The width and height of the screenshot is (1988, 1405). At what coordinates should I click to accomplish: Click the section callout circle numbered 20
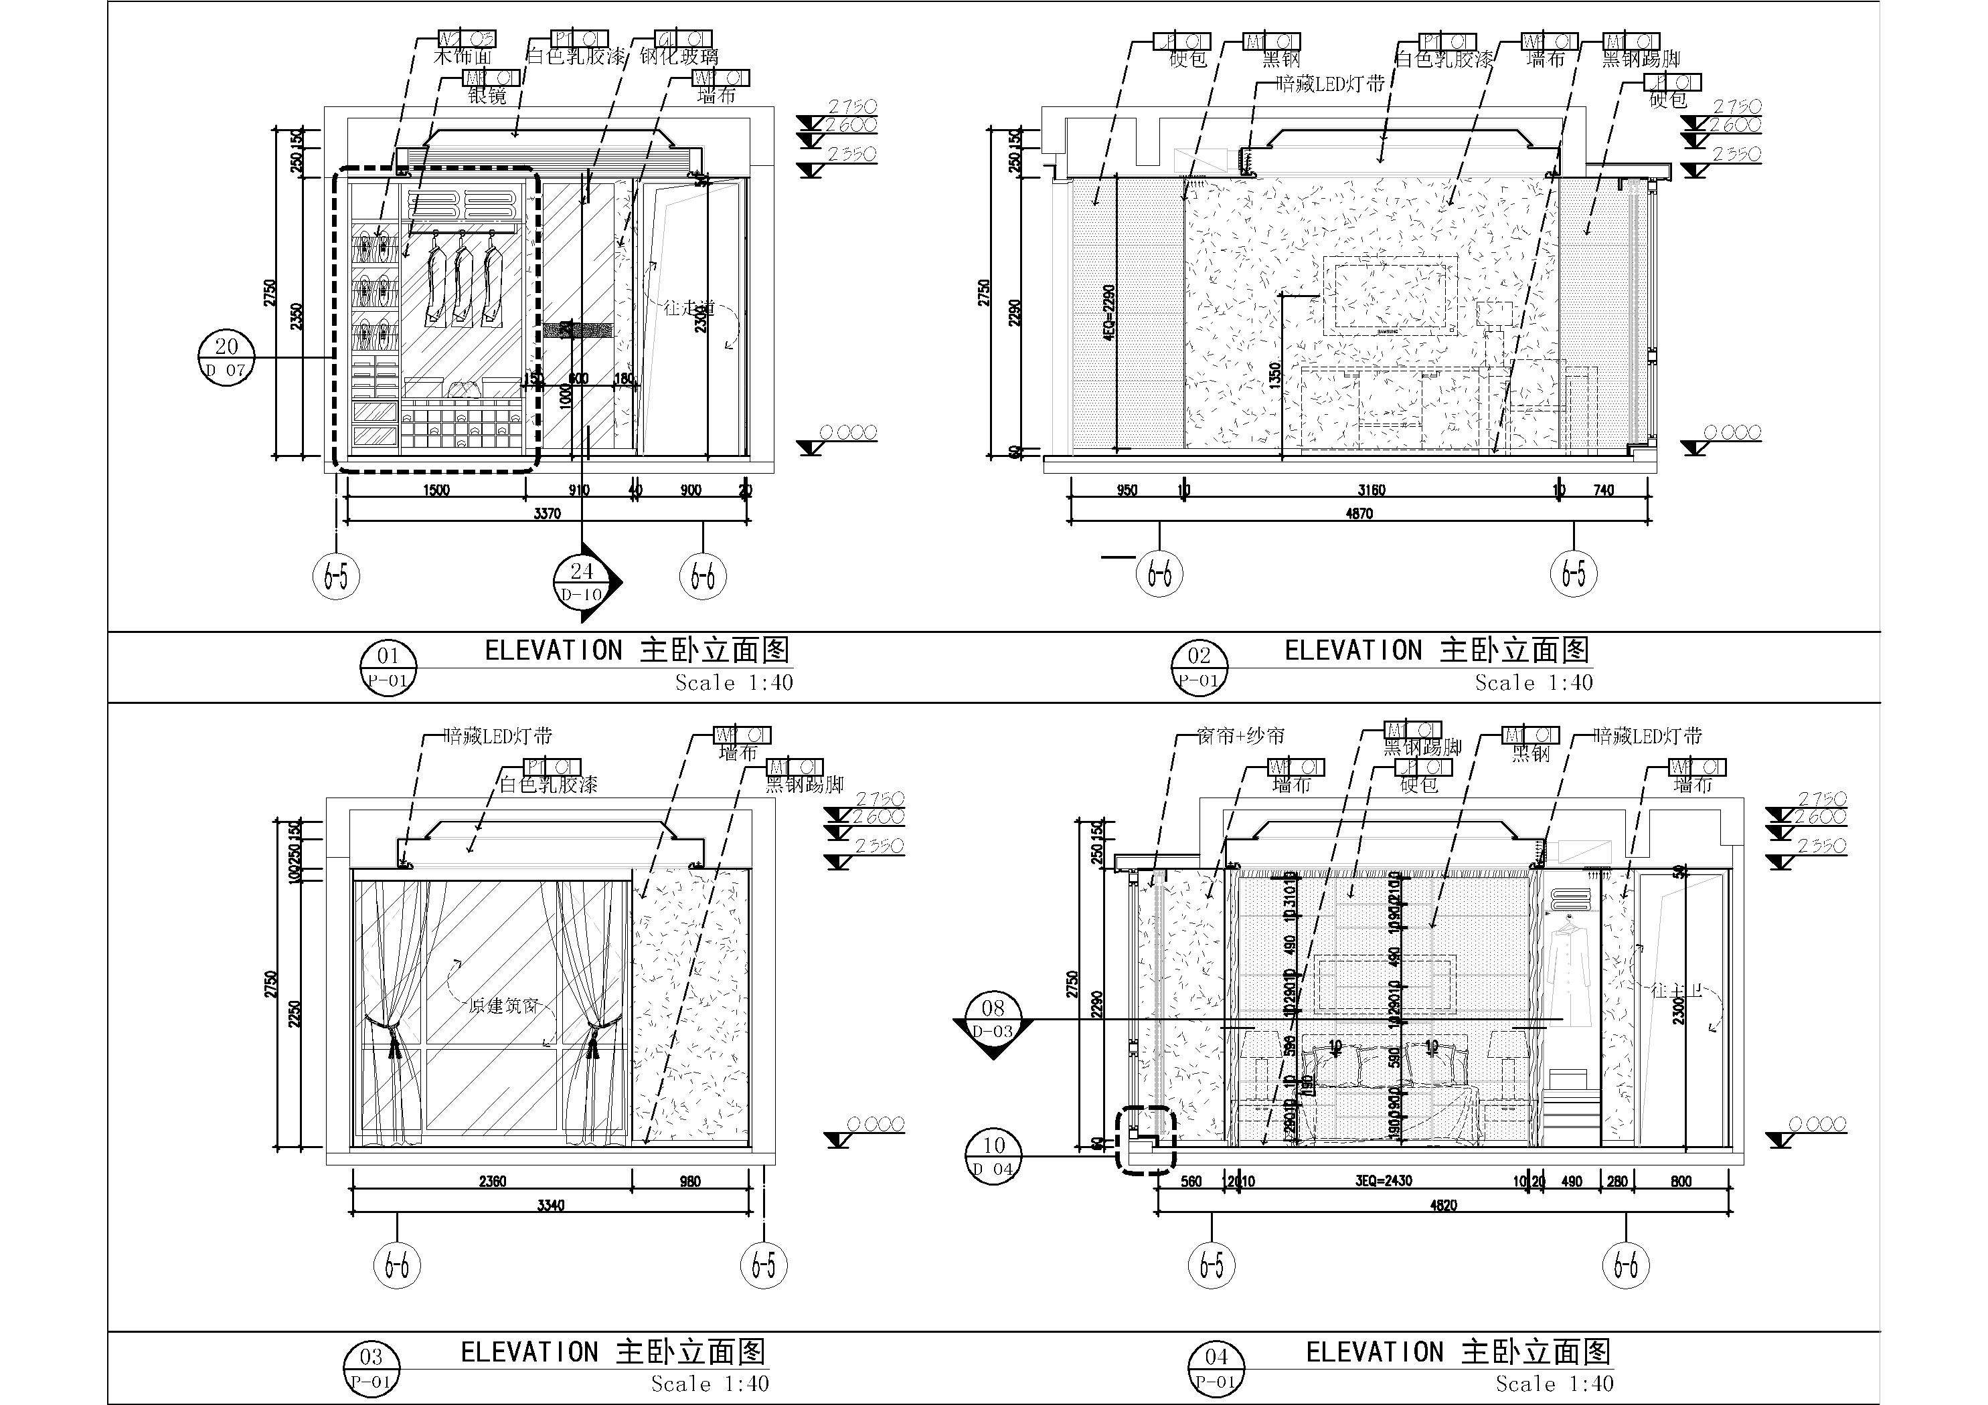(x=227, y=357)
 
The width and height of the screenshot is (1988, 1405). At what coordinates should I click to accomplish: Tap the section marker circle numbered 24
(x=582, y=581)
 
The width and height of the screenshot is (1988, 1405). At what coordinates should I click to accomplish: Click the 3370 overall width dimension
(x=548, y=513)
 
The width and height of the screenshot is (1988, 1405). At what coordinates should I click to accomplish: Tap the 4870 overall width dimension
(x=1359, y=513)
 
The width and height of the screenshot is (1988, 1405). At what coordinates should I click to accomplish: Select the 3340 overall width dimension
(x=551, y=1205)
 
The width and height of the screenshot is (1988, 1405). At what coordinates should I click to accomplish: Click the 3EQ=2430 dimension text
(x=1384, y=1181)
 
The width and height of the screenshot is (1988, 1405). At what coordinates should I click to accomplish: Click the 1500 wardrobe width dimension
(x=436, y=490)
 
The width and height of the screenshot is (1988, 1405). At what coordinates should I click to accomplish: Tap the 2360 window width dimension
(x=492, y=1181)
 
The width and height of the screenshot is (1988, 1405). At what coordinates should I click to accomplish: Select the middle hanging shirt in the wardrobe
(x=464, y=282)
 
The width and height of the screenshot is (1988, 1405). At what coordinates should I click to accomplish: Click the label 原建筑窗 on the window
(x=503, y=1006)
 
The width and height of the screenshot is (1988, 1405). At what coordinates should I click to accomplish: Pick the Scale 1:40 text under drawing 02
(x=1534, y=683)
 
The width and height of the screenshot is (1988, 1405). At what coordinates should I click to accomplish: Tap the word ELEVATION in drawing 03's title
(x=528, y=1352)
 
